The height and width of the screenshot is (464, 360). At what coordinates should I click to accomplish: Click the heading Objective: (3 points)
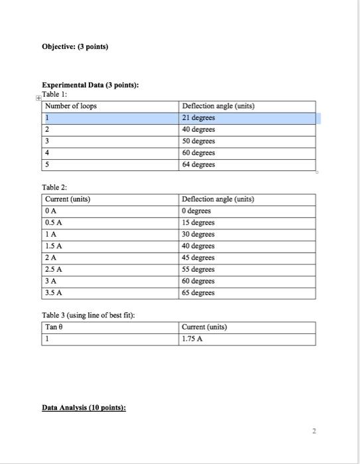point(75,47)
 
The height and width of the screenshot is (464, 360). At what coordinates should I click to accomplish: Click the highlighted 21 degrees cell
point(199,118)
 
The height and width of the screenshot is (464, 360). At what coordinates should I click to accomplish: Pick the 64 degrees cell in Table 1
point(199,164)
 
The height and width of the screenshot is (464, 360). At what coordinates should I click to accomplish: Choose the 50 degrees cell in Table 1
point(199,141)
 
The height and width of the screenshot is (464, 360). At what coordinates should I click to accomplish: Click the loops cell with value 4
point(48,152)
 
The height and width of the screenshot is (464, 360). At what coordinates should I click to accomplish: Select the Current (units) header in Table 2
point(68,199)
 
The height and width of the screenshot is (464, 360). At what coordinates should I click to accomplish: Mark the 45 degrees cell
point(199,257)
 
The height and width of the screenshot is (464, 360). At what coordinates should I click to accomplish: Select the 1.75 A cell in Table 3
point(193,339)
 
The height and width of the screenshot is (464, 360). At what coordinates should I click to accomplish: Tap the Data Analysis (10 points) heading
point(84,408)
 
